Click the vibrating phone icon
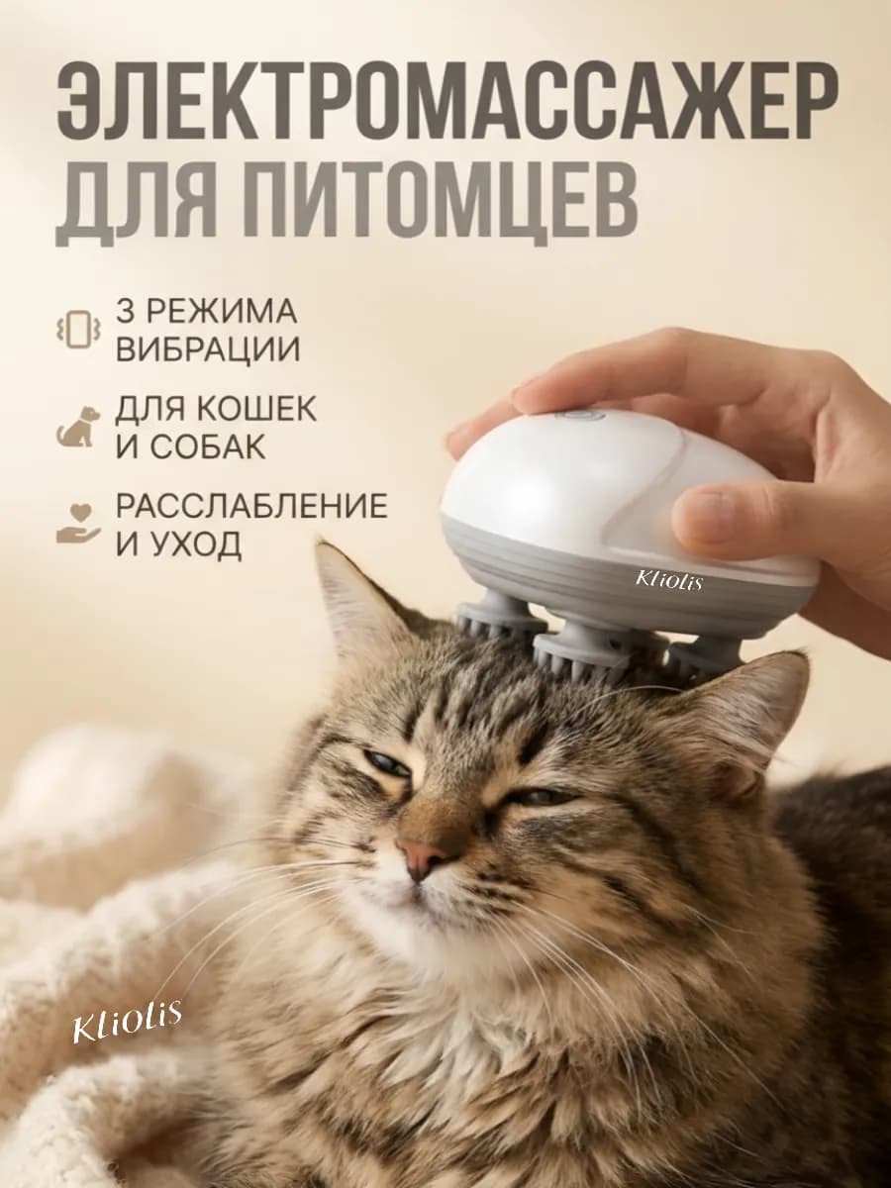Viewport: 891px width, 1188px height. point(78,331)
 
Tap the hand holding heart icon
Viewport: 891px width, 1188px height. point(78,525)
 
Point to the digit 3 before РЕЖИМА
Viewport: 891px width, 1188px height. point(126,312)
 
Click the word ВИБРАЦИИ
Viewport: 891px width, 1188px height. point(208,349)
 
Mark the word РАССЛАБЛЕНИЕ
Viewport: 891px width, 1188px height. point(251,506)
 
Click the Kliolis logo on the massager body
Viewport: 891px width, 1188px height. point(668,580)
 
